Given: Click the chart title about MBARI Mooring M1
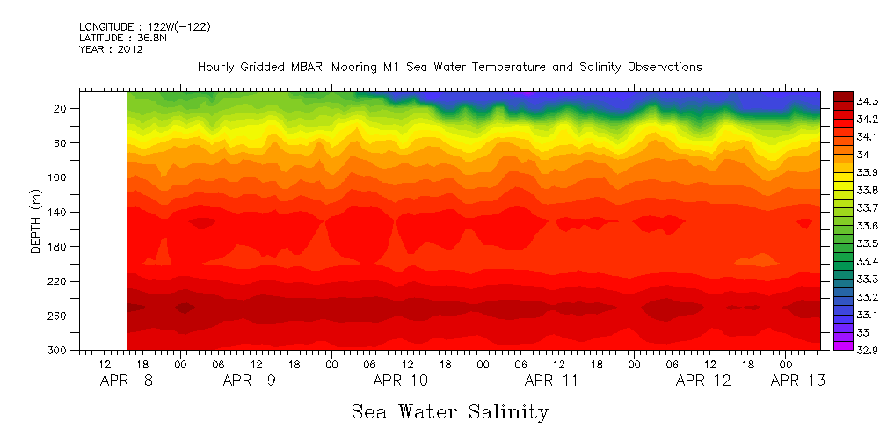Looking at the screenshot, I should click(449, 67).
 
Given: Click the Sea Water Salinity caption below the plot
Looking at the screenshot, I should click(450, 411).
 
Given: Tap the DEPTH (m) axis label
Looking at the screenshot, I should click(36, 225).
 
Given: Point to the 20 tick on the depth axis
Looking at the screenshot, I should click(62, 109).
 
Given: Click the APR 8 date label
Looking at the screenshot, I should click(128, 381).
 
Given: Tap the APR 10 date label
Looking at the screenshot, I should click(401, 381).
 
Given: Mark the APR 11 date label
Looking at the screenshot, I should click(551, 381).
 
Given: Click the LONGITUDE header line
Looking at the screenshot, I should click(144, 26).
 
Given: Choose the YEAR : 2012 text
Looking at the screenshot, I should click(111, 49).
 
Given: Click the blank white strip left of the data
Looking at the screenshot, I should click(104, 220).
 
